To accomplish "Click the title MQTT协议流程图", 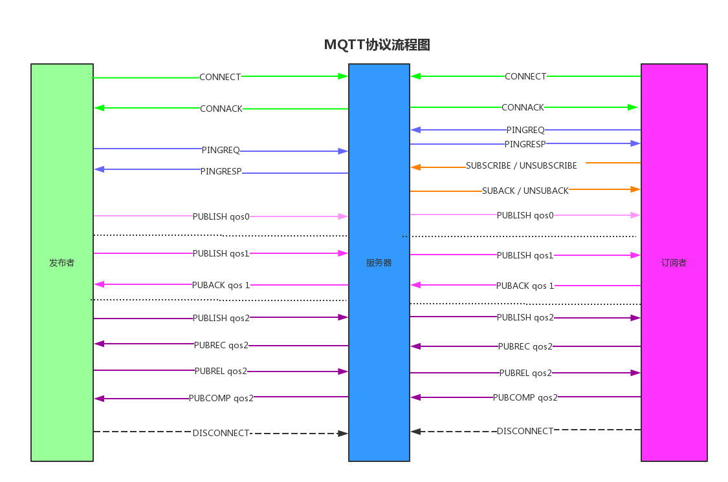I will click(x=377, y=45).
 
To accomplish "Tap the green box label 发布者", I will click(x=61, y=263).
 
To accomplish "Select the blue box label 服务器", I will click(x=379, y=263).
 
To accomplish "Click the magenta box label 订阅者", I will click(x=674, y=263).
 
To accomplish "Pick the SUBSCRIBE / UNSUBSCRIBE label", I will click(x=522, y=165).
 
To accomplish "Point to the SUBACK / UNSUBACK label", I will click(x=525, y=191).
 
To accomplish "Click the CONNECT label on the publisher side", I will click(x=220, y=77).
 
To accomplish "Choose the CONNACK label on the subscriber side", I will click(x=523, y=107).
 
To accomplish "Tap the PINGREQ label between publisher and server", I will click(x=221, y=150).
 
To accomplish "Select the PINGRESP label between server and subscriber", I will click(x=525, y=143).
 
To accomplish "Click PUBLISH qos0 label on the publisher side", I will click(x=221, y=216).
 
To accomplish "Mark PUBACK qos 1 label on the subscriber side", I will click(x=525, y=286).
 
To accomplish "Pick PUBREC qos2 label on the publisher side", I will click(x=221, y=345).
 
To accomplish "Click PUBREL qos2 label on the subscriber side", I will click(x=525, y=373).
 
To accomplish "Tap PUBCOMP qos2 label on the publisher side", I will click(x=221, y=398).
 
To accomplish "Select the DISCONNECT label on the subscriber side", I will click(x=525, y=431).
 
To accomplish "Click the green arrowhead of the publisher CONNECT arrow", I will click(x=343, y=76).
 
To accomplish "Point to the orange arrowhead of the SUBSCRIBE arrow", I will click(x=415, y=167).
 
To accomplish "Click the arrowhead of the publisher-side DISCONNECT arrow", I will click(x=344, y=434).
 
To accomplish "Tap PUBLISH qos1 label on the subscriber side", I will click(x=525, y=255).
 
